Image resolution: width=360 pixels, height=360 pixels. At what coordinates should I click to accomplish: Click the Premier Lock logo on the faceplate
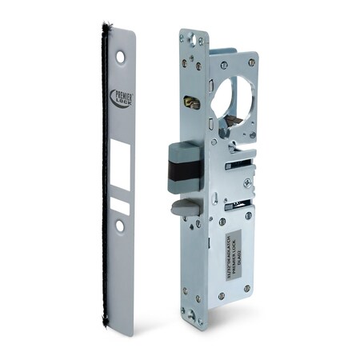coord(121,99)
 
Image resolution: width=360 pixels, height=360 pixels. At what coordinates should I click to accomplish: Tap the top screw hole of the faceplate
coord(120,58)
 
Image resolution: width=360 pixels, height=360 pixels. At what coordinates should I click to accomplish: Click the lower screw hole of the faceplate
coord(120,226)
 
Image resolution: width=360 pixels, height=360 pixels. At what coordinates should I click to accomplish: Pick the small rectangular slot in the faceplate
coord(120,205)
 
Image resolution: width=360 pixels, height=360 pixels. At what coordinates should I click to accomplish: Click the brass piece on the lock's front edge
coord(191,103)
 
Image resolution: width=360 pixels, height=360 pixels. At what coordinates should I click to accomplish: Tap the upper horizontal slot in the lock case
coord(238,166)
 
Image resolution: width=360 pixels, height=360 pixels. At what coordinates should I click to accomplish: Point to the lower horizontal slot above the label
coord(238,206)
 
